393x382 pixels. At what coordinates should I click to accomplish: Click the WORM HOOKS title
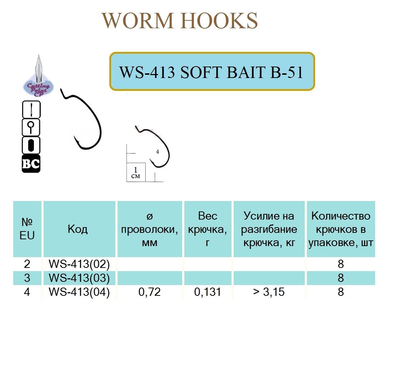(x=180, y=21)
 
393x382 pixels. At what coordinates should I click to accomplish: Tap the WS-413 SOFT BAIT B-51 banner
(x=212, y=72)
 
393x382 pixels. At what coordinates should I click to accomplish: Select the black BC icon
(x=31, y=164)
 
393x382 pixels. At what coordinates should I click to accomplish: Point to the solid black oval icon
(x=31, y=146)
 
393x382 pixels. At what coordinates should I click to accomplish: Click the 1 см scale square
(x=136, y=172)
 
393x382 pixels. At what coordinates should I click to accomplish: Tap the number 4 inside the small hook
(x=158, y=152)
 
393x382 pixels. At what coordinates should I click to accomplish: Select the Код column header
(x=78, y=229)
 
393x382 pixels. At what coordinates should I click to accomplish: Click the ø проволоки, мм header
(x=150, y=229)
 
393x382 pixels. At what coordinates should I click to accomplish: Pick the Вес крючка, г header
(x=208, y=229)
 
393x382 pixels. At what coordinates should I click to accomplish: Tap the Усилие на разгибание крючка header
(x=269, y=229)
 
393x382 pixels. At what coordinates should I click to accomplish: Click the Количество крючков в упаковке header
(x=340, y=229)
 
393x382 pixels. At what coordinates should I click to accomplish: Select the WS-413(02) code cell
(x=79, y=264)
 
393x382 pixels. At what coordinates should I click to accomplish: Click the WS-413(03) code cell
(x=79, y=278)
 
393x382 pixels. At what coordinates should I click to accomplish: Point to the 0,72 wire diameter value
(x=150, y=292)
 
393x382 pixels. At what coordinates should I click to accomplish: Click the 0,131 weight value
(x=208, y=292)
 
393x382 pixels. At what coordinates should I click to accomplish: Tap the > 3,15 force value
(x=269, y=292)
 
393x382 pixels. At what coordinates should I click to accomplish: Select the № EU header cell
(x=28, y=229)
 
